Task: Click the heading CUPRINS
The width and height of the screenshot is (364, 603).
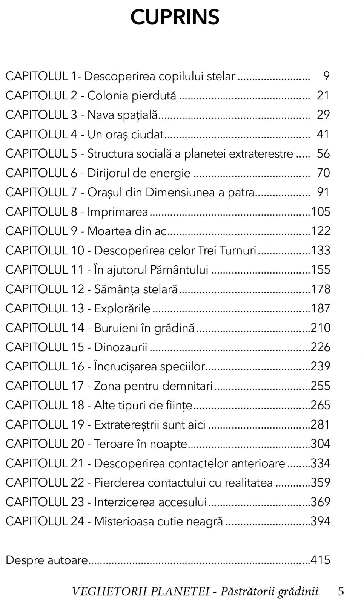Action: pyautogui.click(x=175, y=17)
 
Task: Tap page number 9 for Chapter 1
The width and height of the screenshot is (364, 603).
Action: pyautogui.click(x=326, y=76)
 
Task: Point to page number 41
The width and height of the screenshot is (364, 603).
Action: pyautogui.click(x=323, y=134)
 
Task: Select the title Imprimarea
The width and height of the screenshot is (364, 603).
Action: pyautogui.click(x=118, y=212)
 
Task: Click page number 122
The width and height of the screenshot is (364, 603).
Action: pyautogui.click(x=321, y=231)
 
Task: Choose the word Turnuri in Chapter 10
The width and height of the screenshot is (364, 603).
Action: pyautogui.click(x=237, y=251)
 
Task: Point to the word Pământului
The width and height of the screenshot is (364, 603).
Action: pyautogui.click(x=179, y=270)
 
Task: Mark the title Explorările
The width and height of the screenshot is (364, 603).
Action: pyautogui.click(x=122, y=308)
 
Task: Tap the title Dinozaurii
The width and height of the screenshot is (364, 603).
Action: pyautogui.click(x=121, y=347)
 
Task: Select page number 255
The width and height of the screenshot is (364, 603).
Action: pyautogui.click(x=321, y=386)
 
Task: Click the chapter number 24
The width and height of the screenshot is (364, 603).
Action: pyautogui.click(x=77, y=521)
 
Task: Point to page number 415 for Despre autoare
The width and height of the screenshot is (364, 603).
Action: pyautogui.click(x=321, y=560)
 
